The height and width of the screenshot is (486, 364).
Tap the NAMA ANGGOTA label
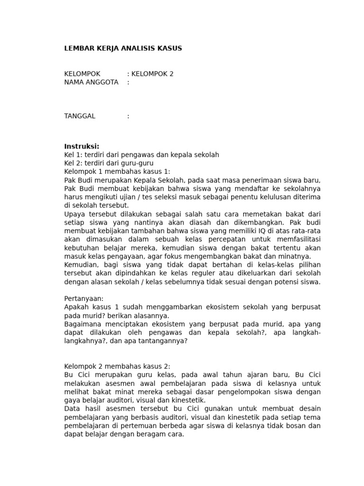(91, 82)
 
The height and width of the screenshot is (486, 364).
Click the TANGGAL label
(80, 116)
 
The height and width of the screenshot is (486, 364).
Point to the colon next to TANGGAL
(128, 116)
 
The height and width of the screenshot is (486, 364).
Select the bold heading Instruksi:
(82, 146)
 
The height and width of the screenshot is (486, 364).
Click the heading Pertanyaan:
(83, 299)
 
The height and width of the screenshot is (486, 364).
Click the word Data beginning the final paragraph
(72, 409)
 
